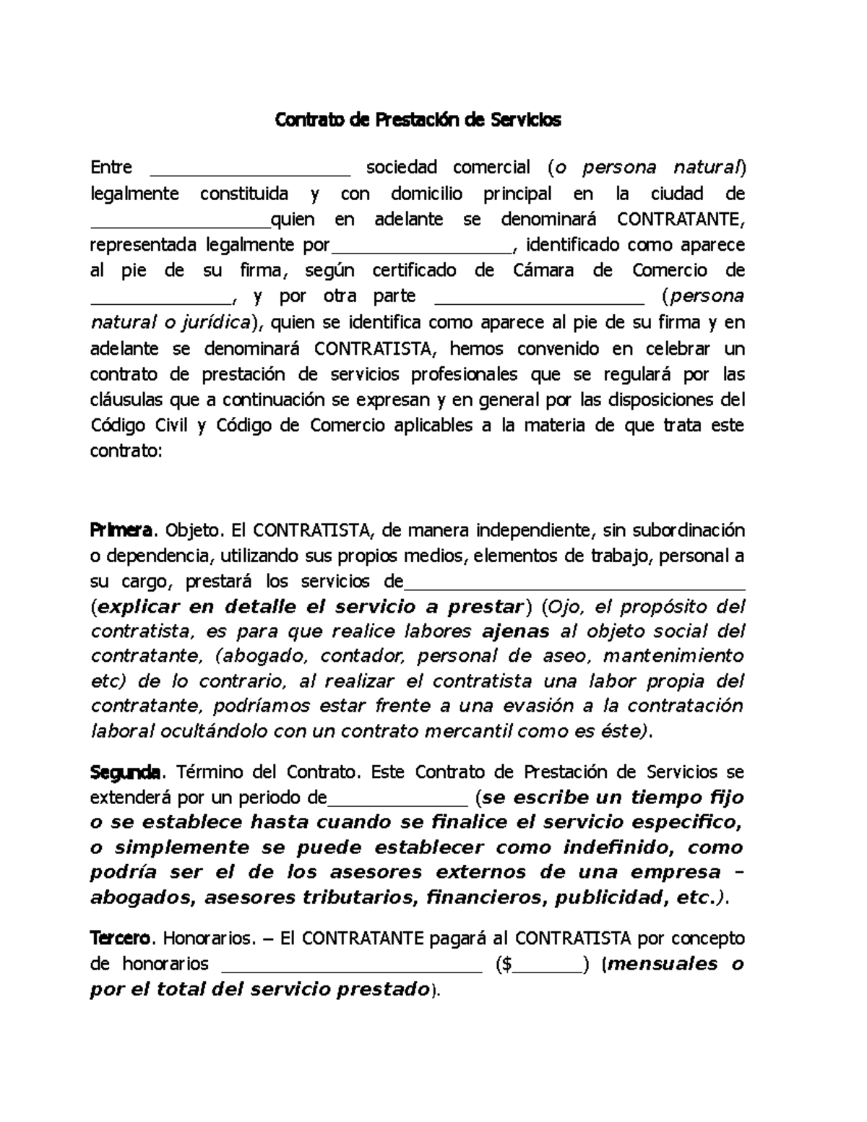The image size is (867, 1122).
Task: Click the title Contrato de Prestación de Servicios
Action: [x=418, y=120]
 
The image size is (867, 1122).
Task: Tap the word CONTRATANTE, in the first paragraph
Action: [x=680, y=219]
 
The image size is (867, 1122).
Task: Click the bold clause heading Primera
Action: [x=121, y=530]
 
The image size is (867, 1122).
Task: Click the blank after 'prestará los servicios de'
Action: [x=574, y=587]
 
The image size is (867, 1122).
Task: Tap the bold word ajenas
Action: [x=515, y=631]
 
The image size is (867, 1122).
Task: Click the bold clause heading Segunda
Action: [x=124, y=772]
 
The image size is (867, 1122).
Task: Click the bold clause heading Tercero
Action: [x=121, y=938]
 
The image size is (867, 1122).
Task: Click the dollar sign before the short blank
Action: [x=509, y=964]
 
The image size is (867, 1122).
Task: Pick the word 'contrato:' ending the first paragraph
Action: [x=126, y=452]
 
